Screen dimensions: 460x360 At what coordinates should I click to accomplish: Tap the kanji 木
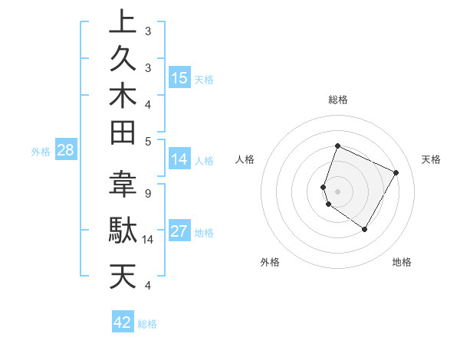123,97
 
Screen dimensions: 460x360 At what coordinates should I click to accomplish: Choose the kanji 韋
123,185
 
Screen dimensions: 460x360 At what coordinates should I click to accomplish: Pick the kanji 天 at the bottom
123,276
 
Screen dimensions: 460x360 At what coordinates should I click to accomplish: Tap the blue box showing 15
179,78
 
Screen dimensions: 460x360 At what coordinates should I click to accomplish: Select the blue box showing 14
179,159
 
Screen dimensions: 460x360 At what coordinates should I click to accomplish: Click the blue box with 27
179,232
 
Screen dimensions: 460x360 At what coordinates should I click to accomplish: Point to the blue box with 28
65,150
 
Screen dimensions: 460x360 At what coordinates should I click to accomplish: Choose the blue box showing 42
123,322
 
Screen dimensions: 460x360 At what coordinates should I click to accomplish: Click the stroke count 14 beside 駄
148,240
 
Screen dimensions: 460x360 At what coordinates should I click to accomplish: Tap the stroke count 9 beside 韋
147,193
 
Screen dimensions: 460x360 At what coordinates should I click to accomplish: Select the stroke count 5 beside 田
147,141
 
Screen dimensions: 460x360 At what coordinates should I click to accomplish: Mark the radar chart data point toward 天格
396,172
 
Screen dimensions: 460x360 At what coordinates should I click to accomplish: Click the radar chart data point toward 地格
365,229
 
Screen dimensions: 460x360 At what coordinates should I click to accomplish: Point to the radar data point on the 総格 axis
337,146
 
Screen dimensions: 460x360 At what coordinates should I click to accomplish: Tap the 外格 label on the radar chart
270,262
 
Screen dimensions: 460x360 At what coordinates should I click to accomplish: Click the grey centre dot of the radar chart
337,191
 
